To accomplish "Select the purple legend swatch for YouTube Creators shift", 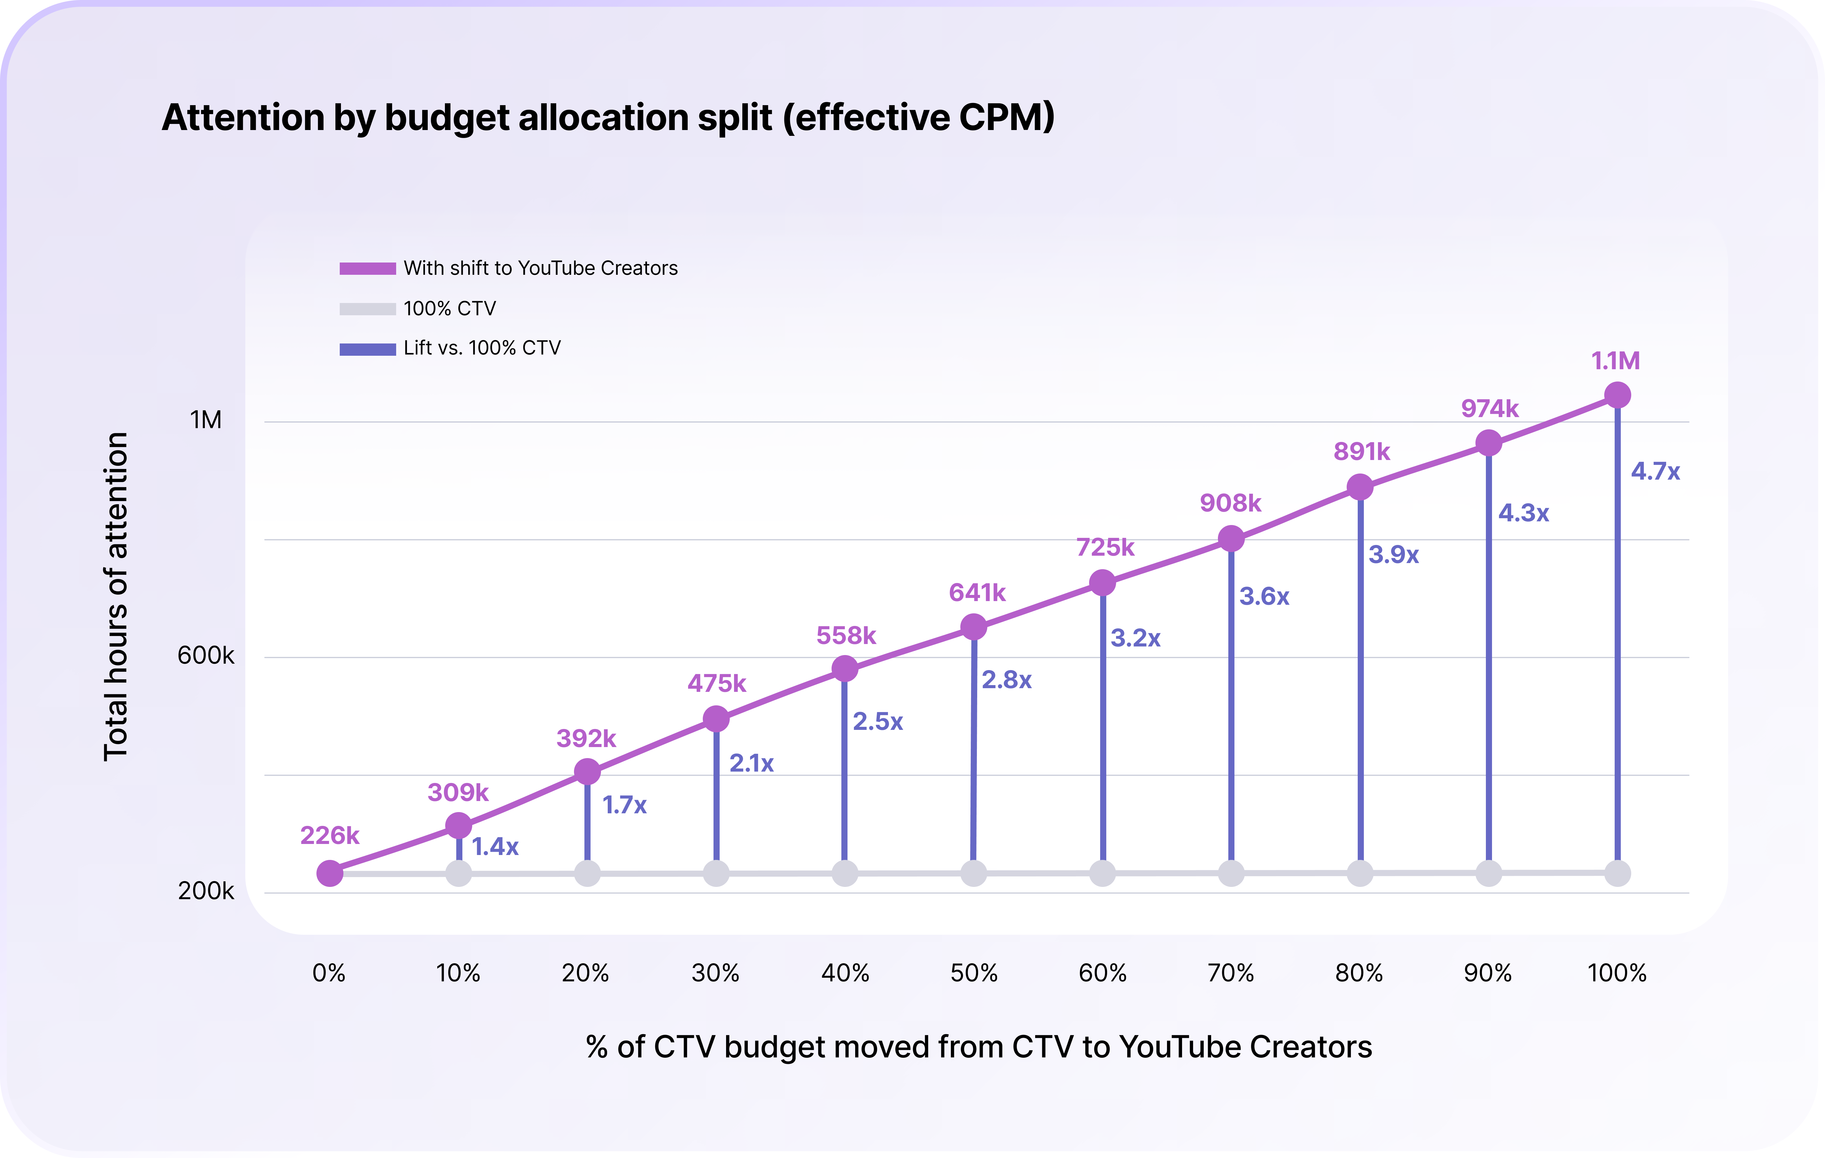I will [x=368, y=268].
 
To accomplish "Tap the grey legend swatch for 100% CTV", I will [x=368, y=309].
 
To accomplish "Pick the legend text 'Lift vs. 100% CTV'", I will [x=482, y=348].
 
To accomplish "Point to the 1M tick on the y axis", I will [x=206, y=420].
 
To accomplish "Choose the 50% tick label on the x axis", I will [x=974, y=973].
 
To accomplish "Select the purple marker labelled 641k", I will [x=974, y=627].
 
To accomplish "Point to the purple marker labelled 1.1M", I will [x=1617, y=395].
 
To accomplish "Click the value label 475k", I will [x=716, y=684].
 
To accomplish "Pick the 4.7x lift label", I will [x=1655, y=471].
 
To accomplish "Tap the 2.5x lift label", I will [x=878, y=722].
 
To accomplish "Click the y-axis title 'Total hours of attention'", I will [x=116, y=596].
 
